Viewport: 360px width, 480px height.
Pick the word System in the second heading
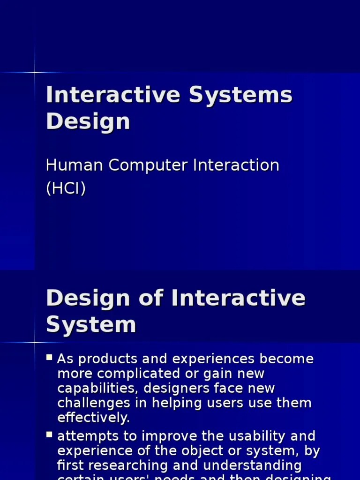(x=91, y=324)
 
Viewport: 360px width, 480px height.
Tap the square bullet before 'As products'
(x=49, y=358)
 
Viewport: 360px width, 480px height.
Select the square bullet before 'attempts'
(x=49, y=435)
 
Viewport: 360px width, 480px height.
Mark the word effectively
(x=93, y=418)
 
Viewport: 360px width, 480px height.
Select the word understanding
(x=256, y=465)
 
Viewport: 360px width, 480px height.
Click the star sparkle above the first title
(x=35, y=72)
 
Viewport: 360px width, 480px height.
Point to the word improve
(x=167, y=436)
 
